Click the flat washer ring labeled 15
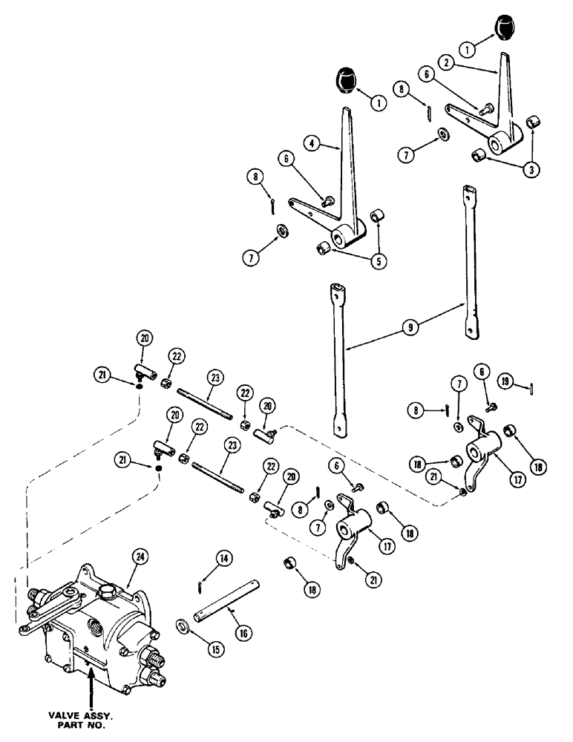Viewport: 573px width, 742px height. tap(183, 622)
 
